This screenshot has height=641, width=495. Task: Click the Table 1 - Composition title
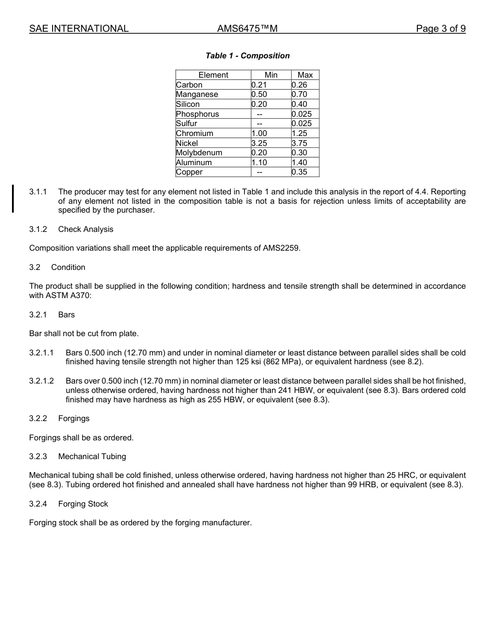(x=247, y=56)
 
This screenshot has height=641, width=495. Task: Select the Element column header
(x=213, y=75)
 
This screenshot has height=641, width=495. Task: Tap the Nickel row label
(x=187, y=143)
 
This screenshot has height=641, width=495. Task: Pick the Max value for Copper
(x=300, y=172)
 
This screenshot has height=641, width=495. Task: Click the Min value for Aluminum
(x=259, y=163)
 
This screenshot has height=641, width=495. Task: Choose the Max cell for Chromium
(x=300, y=133)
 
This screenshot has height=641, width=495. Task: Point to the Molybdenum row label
(x=199, y=153)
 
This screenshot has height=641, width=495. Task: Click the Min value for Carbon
(x=259, y=85)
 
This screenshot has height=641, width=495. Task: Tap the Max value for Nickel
(x=300, y=143)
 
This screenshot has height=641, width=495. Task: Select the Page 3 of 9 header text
(x=441, y=29)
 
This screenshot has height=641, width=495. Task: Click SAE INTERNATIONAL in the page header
(x=79, y=29)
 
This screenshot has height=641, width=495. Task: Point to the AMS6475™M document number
(x=247, y=29)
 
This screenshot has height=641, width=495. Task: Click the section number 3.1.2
(x=38, y=229)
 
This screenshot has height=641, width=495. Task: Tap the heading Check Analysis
(x=85, y=229)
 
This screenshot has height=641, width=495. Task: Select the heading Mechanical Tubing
(x=92, y=457)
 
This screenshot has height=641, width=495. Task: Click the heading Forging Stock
(x=83, y=504)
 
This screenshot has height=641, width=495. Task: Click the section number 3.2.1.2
(x=42, y=381)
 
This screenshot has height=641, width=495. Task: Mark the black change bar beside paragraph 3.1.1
(x=13, y=199)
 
